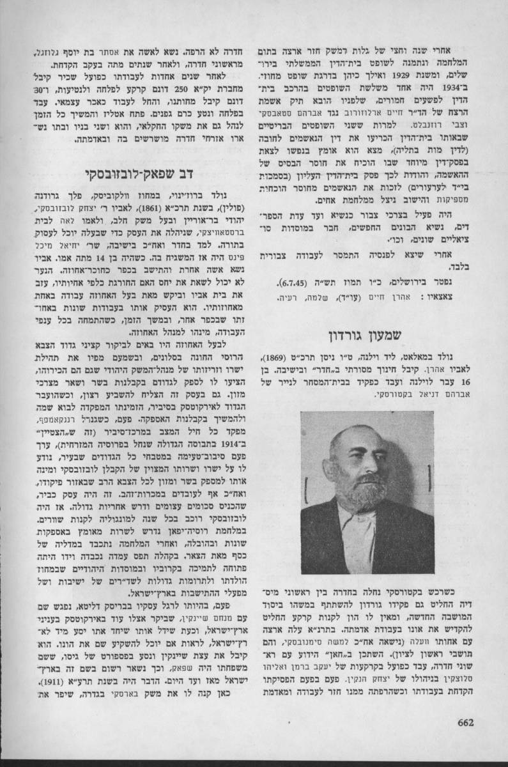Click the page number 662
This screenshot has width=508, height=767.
(x=465, y=724)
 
